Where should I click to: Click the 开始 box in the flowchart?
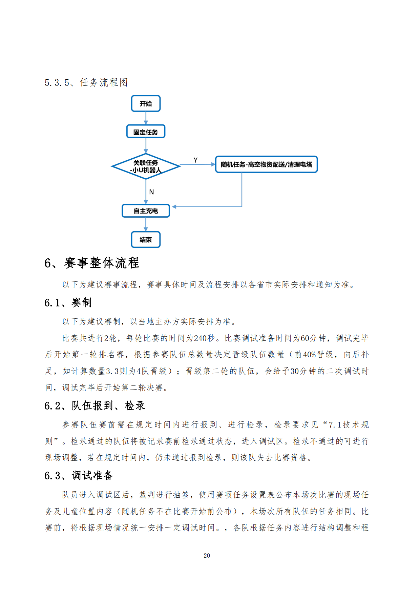146,103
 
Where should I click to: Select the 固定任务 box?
146,132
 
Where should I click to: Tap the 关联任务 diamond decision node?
146,166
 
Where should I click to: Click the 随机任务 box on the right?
266,164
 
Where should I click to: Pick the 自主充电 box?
146,211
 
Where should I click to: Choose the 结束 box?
146,240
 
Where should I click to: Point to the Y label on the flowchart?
195,160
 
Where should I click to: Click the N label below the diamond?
151,192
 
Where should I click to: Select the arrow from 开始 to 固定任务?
146,118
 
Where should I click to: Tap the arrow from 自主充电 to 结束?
146,224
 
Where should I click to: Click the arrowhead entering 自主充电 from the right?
174,206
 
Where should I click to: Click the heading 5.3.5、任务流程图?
86,82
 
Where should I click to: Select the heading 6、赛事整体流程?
92,263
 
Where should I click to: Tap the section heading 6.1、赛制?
68,302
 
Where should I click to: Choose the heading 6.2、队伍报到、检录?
94,405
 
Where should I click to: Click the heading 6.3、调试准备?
79,475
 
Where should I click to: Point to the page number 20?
207,555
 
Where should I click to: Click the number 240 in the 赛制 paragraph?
200,338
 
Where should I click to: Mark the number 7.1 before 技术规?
335,424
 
